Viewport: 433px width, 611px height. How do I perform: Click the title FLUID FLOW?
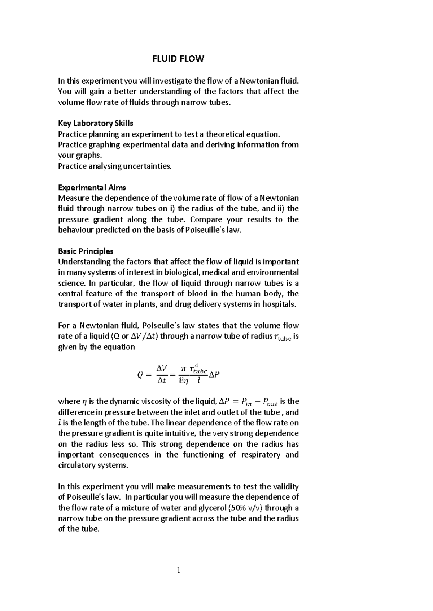[x=178, y=59]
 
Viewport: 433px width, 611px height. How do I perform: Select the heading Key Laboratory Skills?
[x=96, y=124]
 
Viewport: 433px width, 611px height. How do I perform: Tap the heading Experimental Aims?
[x=92, y=188]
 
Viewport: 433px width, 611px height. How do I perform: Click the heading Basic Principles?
[x=86, y=251]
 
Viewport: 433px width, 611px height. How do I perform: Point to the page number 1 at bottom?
[x=178, y=570]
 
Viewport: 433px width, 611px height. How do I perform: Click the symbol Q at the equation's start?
[x=140, y=375]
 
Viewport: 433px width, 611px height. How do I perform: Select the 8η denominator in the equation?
[x=184, y=380]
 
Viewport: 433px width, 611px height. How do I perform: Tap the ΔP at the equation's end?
[x=214, y=375]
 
